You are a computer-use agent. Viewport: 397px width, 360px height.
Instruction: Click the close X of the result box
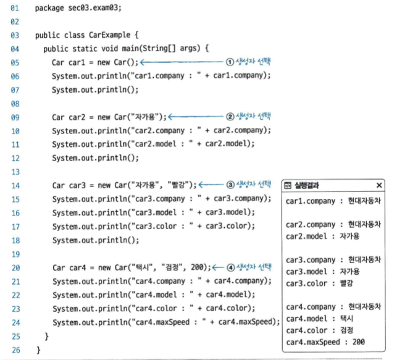coord(378,185)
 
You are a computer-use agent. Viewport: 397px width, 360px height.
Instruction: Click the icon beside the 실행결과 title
coord(288,185)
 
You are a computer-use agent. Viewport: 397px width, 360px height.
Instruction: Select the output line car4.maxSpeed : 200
coord(325,341)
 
